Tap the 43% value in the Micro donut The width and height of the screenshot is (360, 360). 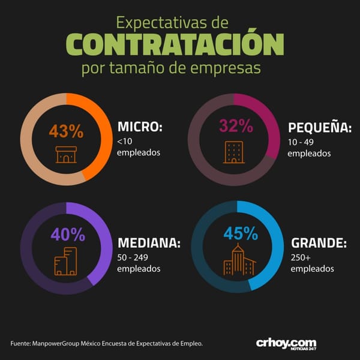(66, 131)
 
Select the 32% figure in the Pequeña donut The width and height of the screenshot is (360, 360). (236, 126)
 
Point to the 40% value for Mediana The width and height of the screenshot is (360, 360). (68, 235)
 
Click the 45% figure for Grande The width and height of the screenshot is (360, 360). (241, 233)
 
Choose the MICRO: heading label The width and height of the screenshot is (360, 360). (140, 127)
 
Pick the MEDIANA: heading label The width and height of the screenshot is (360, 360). (149, 242)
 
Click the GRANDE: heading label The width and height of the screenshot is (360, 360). (319, 242)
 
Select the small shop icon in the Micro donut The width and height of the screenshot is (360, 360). (66, 155)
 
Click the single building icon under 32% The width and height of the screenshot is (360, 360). (234, 152)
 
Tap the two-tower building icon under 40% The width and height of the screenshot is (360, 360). (65, 261)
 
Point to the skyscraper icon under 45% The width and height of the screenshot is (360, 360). (239, 259)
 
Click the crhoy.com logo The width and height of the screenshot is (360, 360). (286, 344)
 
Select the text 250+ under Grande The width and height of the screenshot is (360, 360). (301, 258)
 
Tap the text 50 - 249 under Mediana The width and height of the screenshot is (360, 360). (133, 257)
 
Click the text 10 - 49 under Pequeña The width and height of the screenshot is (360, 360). (301, 142)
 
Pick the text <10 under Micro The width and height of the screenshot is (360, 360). (125, 142)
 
